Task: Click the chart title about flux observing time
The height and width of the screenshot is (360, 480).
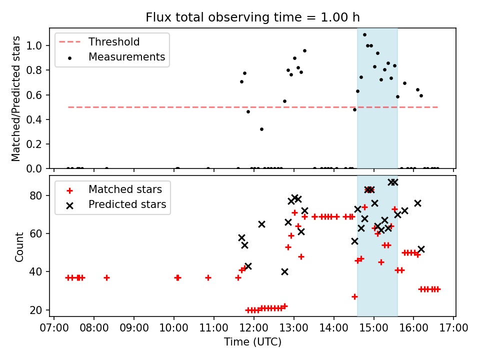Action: tap(252, 17)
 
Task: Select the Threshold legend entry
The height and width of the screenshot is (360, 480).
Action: tap(114, 42)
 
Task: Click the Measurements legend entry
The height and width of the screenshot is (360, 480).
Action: tap(126, 57)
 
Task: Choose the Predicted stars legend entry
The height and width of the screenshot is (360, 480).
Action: tap(127, 204)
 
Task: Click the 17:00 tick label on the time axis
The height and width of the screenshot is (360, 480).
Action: tap(453, 328)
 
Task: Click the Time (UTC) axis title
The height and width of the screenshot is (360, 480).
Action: tap(252, 342)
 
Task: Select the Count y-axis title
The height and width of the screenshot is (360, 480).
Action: tap(19, 246)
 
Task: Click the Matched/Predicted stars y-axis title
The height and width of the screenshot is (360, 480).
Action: tap(16, 98)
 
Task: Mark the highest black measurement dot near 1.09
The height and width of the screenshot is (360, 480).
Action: tap(364, 35)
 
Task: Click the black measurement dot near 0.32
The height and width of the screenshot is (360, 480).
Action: tap(261, 129)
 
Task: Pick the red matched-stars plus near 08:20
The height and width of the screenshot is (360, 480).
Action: tap(106, 277)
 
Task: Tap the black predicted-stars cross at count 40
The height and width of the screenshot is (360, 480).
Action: tap(284, 271)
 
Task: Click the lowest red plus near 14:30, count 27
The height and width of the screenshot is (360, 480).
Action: tap(354, 296)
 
